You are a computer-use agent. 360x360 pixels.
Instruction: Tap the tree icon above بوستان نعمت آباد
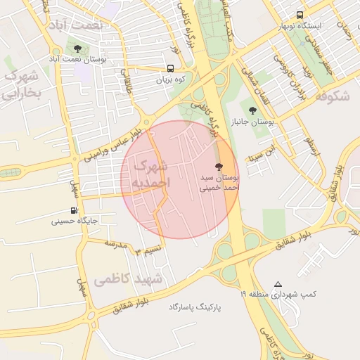click(x=77, y=49)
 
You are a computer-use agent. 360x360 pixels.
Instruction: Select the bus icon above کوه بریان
click(x=171, y=68)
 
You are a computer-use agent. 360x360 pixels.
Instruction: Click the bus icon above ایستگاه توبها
click(x=300, y=15)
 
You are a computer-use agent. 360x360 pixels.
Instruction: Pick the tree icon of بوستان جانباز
click(x=253, y=110)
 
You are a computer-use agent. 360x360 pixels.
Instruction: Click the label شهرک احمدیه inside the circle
click(x=149, y=174)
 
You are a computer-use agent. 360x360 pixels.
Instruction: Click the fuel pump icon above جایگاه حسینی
click(x=74, y=210)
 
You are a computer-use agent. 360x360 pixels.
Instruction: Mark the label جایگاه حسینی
click(x=74, y=221)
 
